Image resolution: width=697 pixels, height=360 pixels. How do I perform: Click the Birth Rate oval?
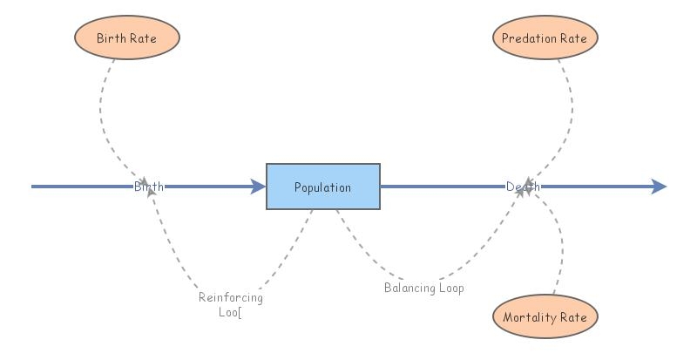(126, 38)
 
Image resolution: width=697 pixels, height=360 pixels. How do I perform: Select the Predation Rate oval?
(545, 38)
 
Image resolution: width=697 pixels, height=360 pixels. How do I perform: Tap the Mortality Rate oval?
(545, 317)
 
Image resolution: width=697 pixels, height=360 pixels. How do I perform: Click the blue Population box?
(322, 187)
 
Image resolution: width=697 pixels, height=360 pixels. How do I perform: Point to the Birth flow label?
(149, 187)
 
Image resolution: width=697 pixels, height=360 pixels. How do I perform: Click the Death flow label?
(523, 187)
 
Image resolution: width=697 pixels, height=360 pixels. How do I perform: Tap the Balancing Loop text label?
(424, 288)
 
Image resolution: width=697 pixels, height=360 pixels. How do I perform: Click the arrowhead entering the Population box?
(258, 187)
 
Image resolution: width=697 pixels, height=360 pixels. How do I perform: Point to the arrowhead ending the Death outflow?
(659, 187)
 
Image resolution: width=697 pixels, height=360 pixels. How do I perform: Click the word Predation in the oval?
(530, 38)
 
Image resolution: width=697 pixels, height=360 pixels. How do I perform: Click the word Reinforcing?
(230, 297)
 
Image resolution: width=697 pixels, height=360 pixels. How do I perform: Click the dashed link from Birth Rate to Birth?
(103, 113)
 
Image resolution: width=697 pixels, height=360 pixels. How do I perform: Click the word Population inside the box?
(322, 187)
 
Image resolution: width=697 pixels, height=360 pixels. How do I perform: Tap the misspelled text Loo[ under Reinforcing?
(230, 311)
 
